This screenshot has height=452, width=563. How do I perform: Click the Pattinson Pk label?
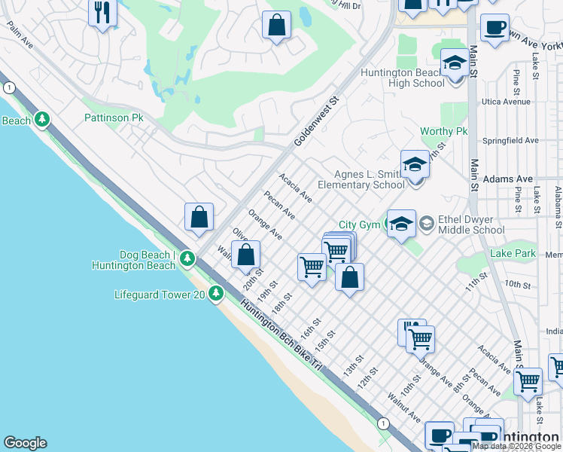click(x=113, y=118)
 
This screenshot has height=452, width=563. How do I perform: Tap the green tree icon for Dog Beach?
click(x=187, y=260)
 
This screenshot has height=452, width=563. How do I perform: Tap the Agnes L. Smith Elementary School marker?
click(x=415, y=164)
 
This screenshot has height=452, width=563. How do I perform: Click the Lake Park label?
click(x=513, y=254)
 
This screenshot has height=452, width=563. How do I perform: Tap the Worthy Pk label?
click(x=443, y=132)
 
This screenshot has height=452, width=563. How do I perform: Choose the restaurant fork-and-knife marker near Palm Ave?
click(x=102, y=12)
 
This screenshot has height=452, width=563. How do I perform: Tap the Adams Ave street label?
click(x=508, y=179)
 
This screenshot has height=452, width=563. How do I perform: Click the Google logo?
click(x=25, y=443)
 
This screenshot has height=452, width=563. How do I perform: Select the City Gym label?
click(x=358, y=224)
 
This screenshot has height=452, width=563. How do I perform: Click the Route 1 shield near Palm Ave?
click(x=8, y=88)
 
